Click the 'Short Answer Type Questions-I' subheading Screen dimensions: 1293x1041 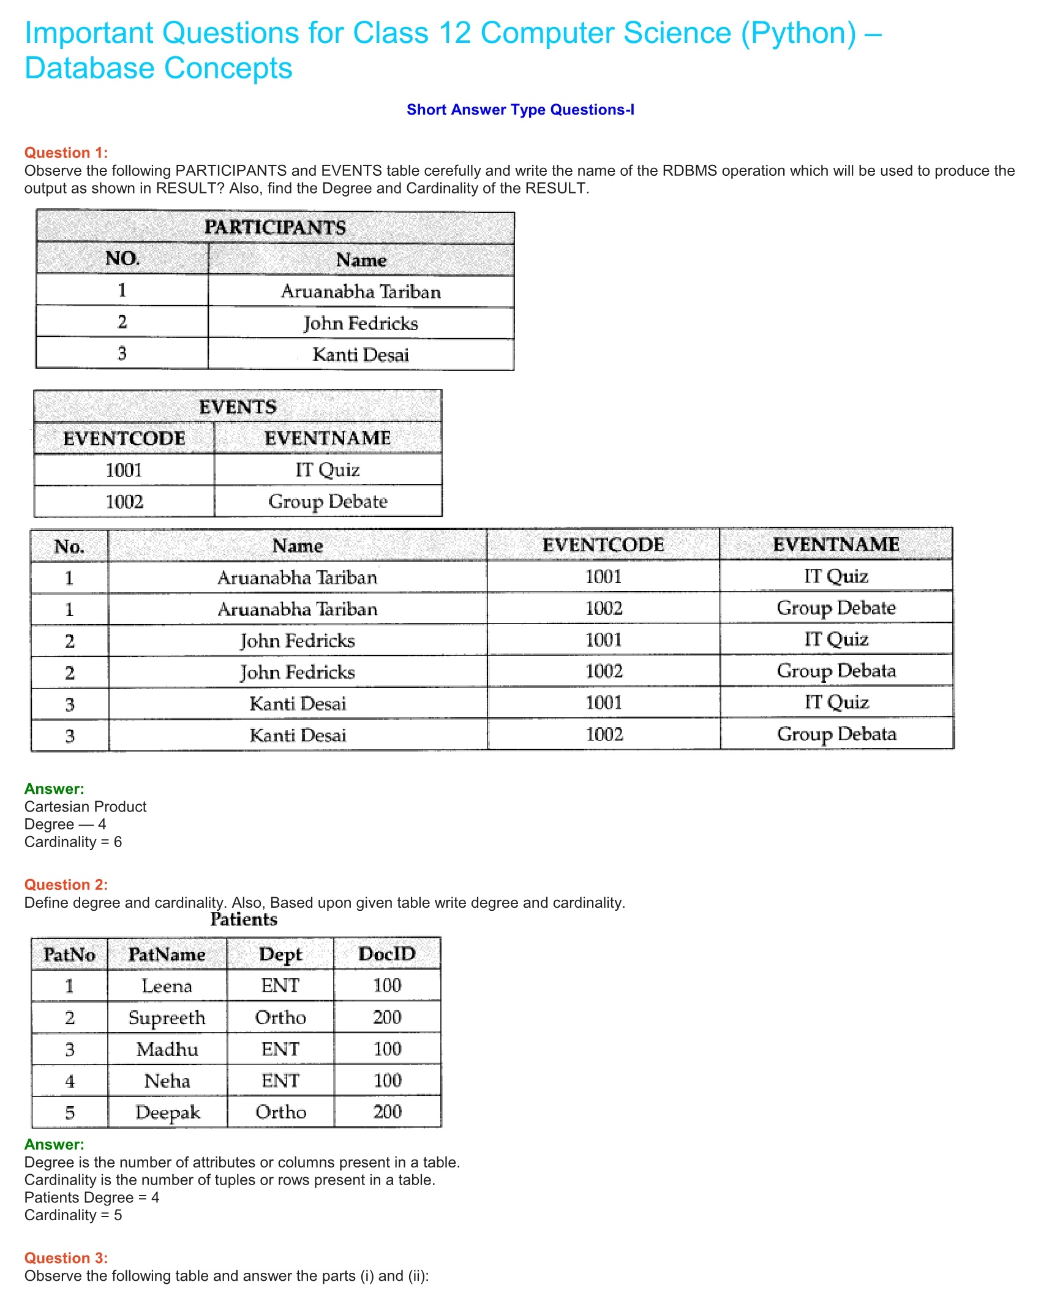tap(520, 110)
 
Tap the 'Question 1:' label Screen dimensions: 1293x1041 tap(66, 153)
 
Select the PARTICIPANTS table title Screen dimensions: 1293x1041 tap(275, 227)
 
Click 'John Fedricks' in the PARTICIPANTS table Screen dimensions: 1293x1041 tap(361, 323)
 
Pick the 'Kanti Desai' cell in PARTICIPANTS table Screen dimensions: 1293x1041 tap(361, 355)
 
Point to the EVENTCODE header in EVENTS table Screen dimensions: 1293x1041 tap(124, 438)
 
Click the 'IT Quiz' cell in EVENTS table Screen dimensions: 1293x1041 tap(328, 470)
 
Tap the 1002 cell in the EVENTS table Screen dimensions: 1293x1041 tap(124, 502)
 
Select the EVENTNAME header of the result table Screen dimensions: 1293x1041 tap(836, 545)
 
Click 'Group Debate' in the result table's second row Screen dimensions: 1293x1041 tap(836, 608)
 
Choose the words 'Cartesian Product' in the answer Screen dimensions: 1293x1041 tap(86, 807)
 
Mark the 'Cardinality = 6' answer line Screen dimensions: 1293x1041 tap(73, 842)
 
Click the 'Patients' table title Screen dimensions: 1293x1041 tap(244, 919)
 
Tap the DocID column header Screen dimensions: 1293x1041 tap(387, 954)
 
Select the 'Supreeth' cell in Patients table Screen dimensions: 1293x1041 tap(167, 1017)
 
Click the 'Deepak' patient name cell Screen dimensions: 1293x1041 tap(167, 1112)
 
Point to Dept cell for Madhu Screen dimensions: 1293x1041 tap(280, 1049)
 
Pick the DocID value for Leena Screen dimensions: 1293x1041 tap(387, 986)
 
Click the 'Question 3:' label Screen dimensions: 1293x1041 tap(66, 1258)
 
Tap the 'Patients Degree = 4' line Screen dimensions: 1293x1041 tap(92, 1197)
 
